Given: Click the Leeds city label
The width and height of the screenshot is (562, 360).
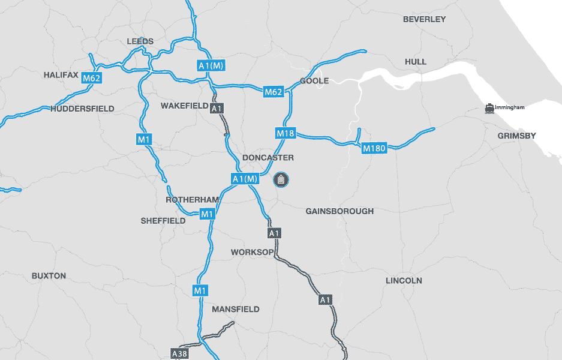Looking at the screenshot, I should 140,41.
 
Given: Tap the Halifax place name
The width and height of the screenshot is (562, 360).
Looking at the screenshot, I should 61,75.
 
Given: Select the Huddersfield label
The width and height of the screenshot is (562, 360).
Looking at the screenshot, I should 82,109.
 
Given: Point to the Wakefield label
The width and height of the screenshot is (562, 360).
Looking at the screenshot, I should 184,106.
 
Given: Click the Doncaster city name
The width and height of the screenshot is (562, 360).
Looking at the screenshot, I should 268,158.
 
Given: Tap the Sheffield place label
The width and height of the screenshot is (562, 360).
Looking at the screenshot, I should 163,221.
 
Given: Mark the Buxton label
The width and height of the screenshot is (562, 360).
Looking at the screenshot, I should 49,276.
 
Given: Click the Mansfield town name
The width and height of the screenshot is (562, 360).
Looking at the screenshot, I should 236,309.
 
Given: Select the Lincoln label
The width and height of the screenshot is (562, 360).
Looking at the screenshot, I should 404,281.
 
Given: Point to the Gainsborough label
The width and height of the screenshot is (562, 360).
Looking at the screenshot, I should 339,211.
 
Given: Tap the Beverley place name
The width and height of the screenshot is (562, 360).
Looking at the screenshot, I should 424,19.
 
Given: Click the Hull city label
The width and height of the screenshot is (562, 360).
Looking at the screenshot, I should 416,62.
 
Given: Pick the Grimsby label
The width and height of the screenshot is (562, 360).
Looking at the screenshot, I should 516,136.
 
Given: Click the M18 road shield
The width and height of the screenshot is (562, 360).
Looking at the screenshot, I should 285,133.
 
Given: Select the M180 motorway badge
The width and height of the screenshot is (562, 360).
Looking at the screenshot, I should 374,148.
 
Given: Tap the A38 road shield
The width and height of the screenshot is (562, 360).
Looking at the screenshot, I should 179,353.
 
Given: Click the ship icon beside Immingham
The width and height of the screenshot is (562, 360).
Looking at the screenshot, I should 490,108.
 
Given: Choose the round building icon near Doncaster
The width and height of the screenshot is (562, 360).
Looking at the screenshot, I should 281,179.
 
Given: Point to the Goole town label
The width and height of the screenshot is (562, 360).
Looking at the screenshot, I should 314,80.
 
